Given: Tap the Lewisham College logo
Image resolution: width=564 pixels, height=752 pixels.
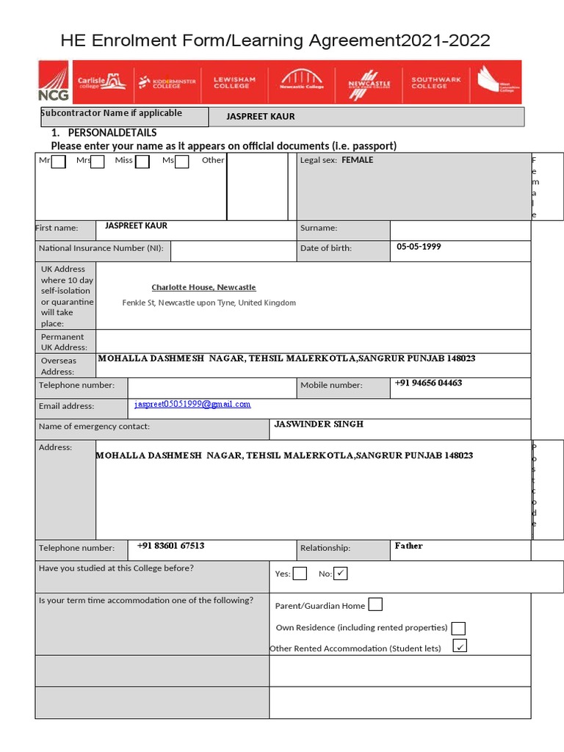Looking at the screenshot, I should (x=234, y=82).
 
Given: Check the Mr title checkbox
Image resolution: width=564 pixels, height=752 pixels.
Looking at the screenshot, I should (x=59, y=162).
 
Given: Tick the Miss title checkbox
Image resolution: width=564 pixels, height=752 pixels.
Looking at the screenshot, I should (x=142, y=162).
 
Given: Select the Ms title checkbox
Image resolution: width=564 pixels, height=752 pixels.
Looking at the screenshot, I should (x=182, y=162).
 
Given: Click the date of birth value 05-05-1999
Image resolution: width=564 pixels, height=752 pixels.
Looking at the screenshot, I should (x=419, y=247).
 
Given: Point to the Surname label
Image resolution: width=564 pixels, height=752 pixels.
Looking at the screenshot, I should (x=319, y=228).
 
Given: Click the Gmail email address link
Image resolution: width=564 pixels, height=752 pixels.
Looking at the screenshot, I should (x=192, y=405).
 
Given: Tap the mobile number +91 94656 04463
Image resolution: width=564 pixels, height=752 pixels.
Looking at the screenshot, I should (x=428, y=383).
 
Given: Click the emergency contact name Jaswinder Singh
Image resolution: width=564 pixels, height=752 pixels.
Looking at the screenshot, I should (x=319, y=424).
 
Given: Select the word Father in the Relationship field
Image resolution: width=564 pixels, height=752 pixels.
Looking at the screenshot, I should (x=408, y=546).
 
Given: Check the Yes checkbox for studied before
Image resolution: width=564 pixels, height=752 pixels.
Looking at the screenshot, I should (x=300, y=574).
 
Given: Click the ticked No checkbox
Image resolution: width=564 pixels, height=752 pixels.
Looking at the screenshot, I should (x=340, y=574).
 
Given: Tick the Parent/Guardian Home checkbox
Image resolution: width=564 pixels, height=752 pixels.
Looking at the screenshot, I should (x=375, y=605).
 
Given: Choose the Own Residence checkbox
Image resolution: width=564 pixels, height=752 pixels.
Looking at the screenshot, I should (x=458, y=628).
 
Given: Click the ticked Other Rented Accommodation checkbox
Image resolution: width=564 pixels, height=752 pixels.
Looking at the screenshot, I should (x=460, y=646).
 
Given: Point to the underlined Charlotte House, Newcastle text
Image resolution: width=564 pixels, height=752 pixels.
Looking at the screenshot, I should (x=203, y=287).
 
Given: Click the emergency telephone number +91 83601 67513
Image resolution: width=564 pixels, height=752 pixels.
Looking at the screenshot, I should (x=170, y=546).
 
